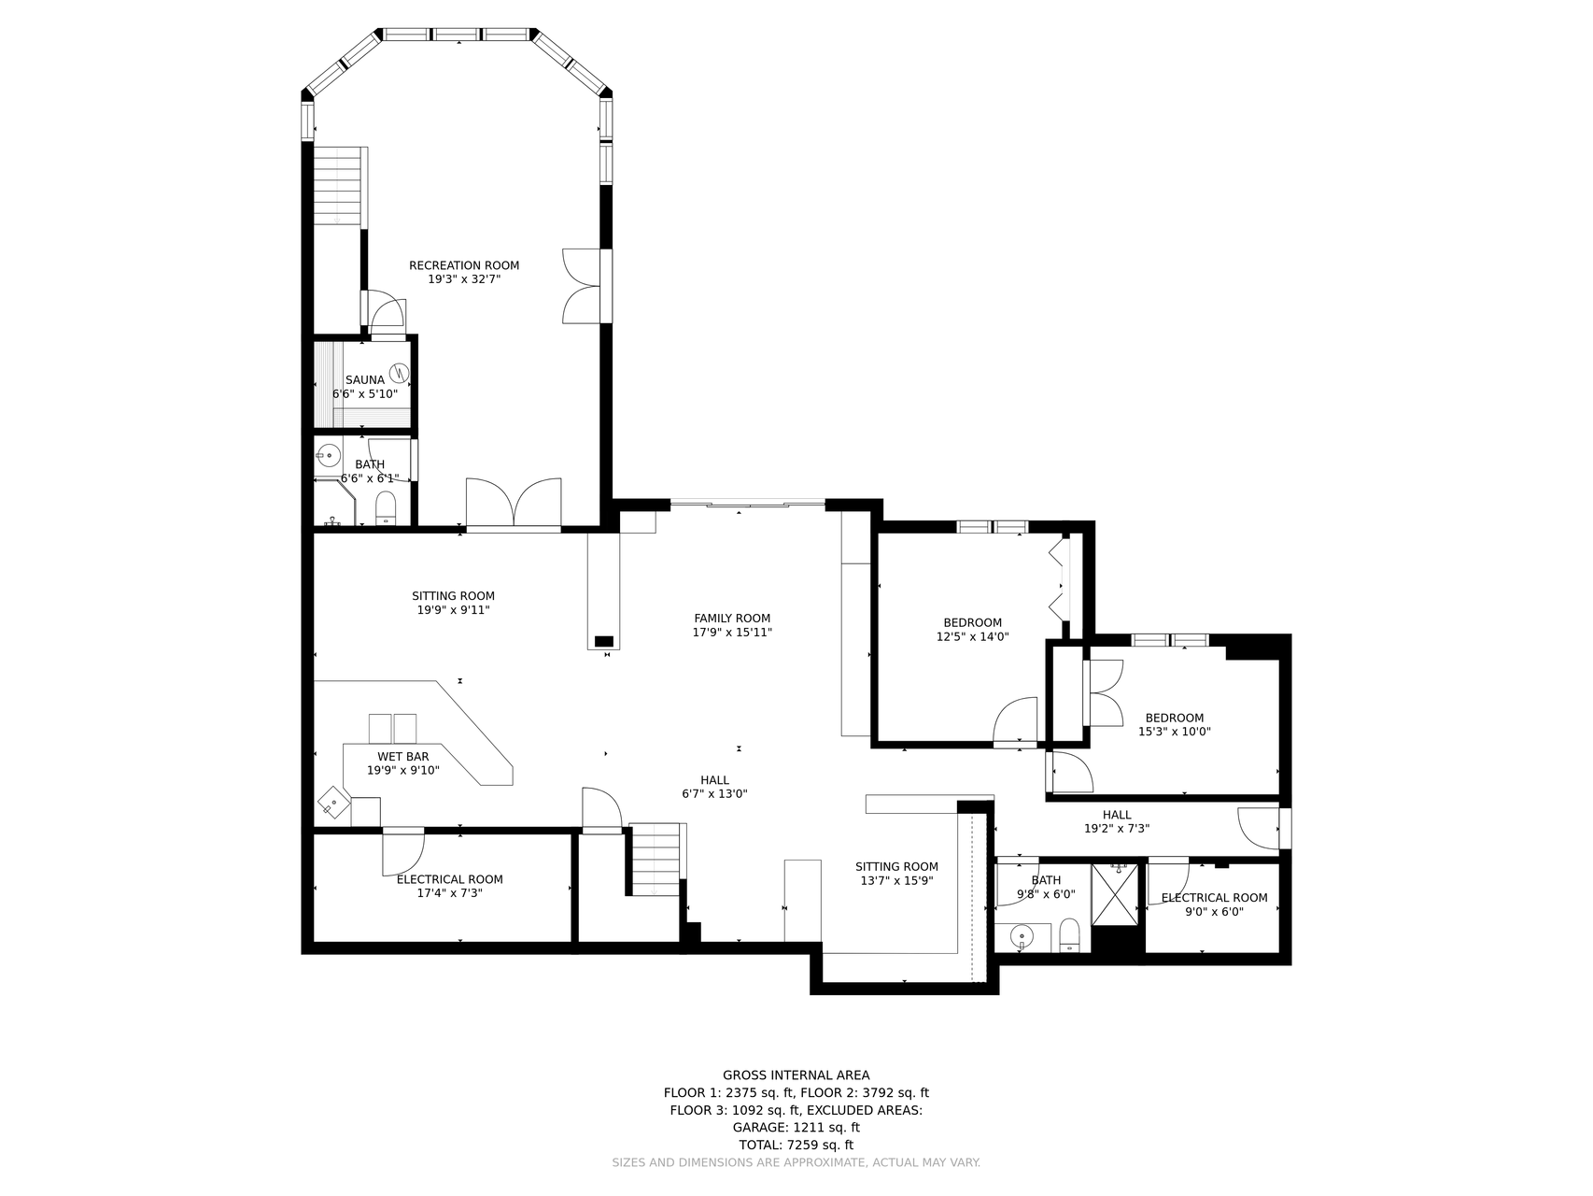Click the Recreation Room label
[464, 265]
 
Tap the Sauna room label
[365, 380]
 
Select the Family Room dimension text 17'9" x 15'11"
[732, 633]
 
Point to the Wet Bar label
[403, 757]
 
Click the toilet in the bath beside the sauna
[386, 508]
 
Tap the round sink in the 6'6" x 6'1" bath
[328, 456]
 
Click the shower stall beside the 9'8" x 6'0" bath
[1115, 894]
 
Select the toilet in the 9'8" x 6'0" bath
[1070, 935]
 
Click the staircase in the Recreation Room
[337, 185]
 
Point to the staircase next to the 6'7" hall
[656, 859]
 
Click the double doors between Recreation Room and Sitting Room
[514, 504]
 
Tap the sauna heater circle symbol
[399, 373]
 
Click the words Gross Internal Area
[796, 1075]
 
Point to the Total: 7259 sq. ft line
[796, 1145]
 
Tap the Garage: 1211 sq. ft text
[796, 1128]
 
